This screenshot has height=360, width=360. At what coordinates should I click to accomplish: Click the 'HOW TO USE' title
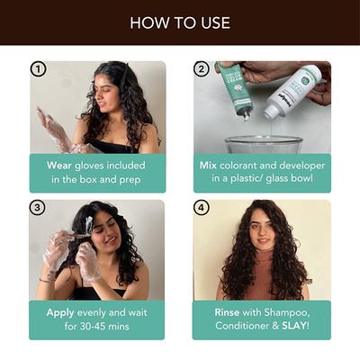tap(180, 22)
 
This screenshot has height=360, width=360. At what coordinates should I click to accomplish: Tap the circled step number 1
tap(38, 70)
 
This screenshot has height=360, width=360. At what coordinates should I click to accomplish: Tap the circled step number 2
tap(202, 70)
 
